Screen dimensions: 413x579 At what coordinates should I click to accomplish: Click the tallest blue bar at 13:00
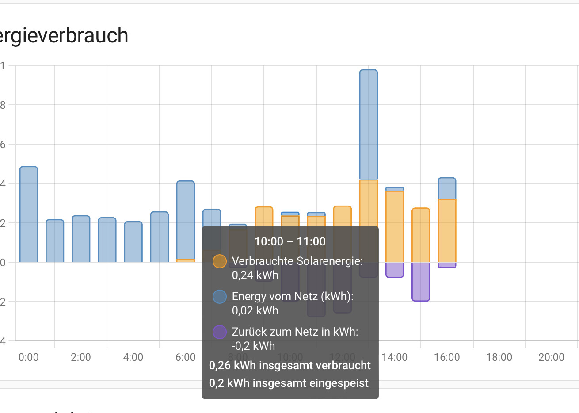click(x=368, y=124)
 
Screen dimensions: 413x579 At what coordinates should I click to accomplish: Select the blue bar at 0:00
click(x=29, y=214)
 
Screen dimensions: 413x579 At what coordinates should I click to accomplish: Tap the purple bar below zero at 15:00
click(x=421, y=281)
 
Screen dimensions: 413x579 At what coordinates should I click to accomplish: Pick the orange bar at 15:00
click(x=421, y=235)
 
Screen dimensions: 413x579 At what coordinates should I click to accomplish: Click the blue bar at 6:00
click(x=186, y=220)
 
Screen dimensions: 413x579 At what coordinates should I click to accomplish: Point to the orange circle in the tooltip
click(x=220, y=261)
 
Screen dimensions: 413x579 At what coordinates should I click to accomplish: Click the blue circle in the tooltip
click(x=220, y=297)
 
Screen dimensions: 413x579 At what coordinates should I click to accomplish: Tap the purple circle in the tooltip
click(x=220, y=332)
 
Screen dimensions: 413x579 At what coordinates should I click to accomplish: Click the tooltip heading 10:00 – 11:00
click(x=290, y=241)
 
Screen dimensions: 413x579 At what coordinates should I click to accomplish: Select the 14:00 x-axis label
click(x=395, y=357)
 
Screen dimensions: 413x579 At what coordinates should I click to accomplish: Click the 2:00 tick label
click(x=81, y=357)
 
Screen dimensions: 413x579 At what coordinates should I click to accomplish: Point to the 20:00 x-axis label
click(x=551, y=357)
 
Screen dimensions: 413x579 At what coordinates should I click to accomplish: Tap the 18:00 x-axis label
click(x=499, y=357)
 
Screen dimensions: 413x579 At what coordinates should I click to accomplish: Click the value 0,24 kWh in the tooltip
click(x=255, y=275)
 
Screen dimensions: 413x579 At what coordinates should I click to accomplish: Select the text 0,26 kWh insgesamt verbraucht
click(x=289, y=366)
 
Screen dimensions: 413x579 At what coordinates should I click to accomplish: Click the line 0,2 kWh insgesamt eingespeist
click(x=289, y=383)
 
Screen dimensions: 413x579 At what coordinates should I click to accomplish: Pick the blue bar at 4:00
click(x=133, y=242)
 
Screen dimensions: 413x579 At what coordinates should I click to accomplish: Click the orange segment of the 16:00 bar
click(x=447, y=230)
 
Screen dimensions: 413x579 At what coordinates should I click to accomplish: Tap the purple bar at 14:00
click(x=395, y=270)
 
